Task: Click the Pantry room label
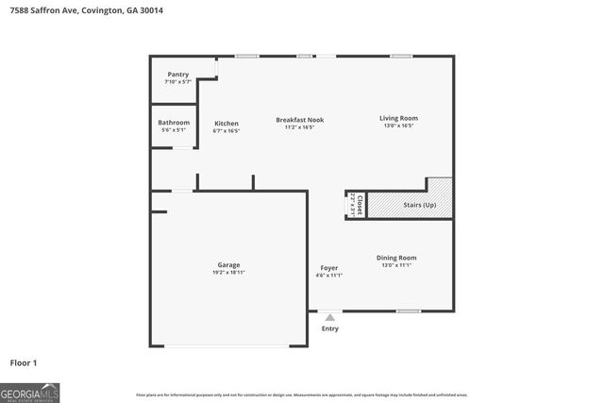click(x=177, y=75)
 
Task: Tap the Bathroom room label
click(x=174, y=123)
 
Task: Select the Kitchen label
click(x=226, y=124)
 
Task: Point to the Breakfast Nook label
click(x=299, y=120)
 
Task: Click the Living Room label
click(x=398, y=118)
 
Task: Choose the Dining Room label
click(x=397, y=258)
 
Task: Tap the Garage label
click(x=228, y=264)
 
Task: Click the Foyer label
click(x=328, y=268)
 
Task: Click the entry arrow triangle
click(x=329, y=318)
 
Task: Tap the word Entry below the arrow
click(x=329, y=328)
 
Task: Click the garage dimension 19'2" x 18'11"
click(x=228, y=272)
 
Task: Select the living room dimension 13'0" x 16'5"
click(x=398, y=126)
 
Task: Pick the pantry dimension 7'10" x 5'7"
click(x=177, y=82)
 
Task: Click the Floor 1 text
click(x=24, y=362)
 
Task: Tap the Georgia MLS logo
click(x=29, y=392)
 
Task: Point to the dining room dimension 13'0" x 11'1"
click(x=397, y=265)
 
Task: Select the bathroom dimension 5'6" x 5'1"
click(x=174, y=130)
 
